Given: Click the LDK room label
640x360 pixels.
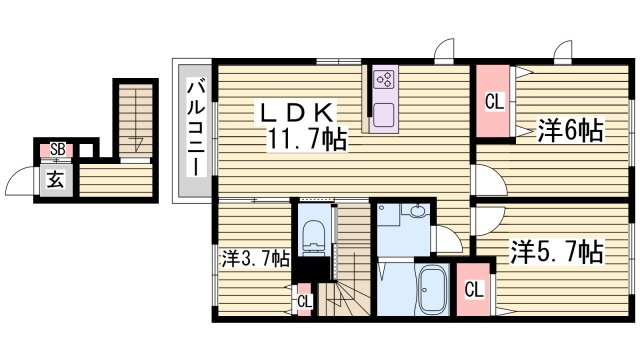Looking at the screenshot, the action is click(x=298, y=112).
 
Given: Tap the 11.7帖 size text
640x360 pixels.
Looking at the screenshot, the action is click(x=307, y=139).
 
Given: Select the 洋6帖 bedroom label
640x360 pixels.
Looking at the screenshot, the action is click(x=569, y=131).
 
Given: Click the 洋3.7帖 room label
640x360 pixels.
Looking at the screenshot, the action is click(x=256, y=258).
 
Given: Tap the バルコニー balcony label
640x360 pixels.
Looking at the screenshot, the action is click(x=196, y=128).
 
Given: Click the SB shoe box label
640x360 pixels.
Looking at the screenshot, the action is click(x=58, y=149).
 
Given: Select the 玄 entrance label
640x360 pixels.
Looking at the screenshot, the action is click(x=56, y=179).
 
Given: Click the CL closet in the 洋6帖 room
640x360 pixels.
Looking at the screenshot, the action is click(x=494, y=101).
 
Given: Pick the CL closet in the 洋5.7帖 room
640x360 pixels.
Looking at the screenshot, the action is click(x=473, y=289).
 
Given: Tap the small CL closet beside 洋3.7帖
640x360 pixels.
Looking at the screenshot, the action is click(x=304, y=301).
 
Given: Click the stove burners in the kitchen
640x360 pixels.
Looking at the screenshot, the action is click(x=385, y=80).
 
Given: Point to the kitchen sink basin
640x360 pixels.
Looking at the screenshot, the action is click(x=384, y=115).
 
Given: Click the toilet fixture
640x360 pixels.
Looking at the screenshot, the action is click(x=314, y=238).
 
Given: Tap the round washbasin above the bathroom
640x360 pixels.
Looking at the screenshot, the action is click(x=417, y=212).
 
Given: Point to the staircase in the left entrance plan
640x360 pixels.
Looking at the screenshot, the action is click(x=136, y=119).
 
